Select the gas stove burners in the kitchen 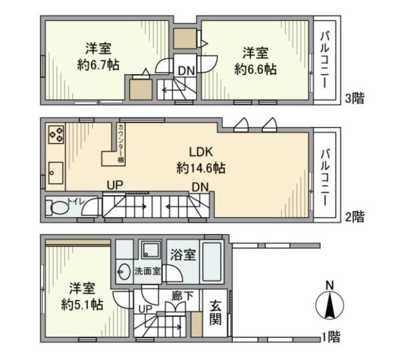pyautogui.click(x=56, y=134)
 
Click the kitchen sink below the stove pyautogui.click(x=56, y=173)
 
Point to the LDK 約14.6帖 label pyautogui.click(x=201, y=160)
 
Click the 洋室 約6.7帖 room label pyautogui.click(x=98, y=57)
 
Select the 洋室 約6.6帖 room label pyautogui.click(x=255, y=61)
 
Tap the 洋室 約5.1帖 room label pyautogui.click(x=82, y=296)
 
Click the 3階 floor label pyautogui.click(x=354, y=98)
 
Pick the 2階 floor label pyautogui.click(x=354, y=217)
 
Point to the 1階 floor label pyautogui.click(x=331, y=336)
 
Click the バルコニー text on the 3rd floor pyautogui.click(x=325, y=60)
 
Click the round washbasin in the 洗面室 pyautogui.click(x=124, y=271)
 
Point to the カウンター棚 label pyautogui.click(x=121, y=143)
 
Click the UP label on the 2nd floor pyautogui.click(x=115, y=185)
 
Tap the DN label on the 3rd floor pyautogui.click(x=186, y=71)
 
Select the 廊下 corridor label pyautogui.click(x=182, y=296)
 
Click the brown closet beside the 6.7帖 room pyautogui.click(x=141, y=89)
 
